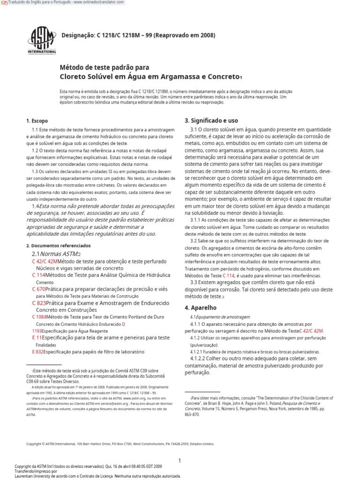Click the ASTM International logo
click(x=43, y=40)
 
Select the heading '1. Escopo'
click(x=37, y=120)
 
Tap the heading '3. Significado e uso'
click(x=211, y=120)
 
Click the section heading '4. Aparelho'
click(x=201, y=308)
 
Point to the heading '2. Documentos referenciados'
click(x=58, y=245)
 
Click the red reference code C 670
click(x=39, y=289)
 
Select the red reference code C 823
click(x=39, y=303)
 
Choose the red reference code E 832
click(x=37, y=352)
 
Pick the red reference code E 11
click(x=37, y=337)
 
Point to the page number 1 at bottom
click(x=180, y=448)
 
